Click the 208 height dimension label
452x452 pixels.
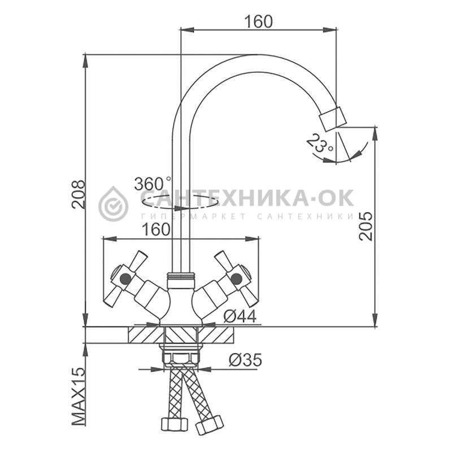(x=79, y=194)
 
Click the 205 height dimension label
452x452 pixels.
(x=366, y=226)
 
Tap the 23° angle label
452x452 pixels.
(x=319, y=144)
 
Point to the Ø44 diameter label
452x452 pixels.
(x=240, y=317)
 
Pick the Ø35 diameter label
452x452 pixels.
(x=246, y=360)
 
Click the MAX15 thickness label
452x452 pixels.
(x=79, y=397)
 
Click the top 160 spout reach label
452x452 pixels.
(x=258, y=21)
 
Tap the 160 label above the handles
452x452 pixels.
(x=156, y=229)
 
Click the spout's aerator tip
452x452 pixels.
(x=332, y=119)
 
